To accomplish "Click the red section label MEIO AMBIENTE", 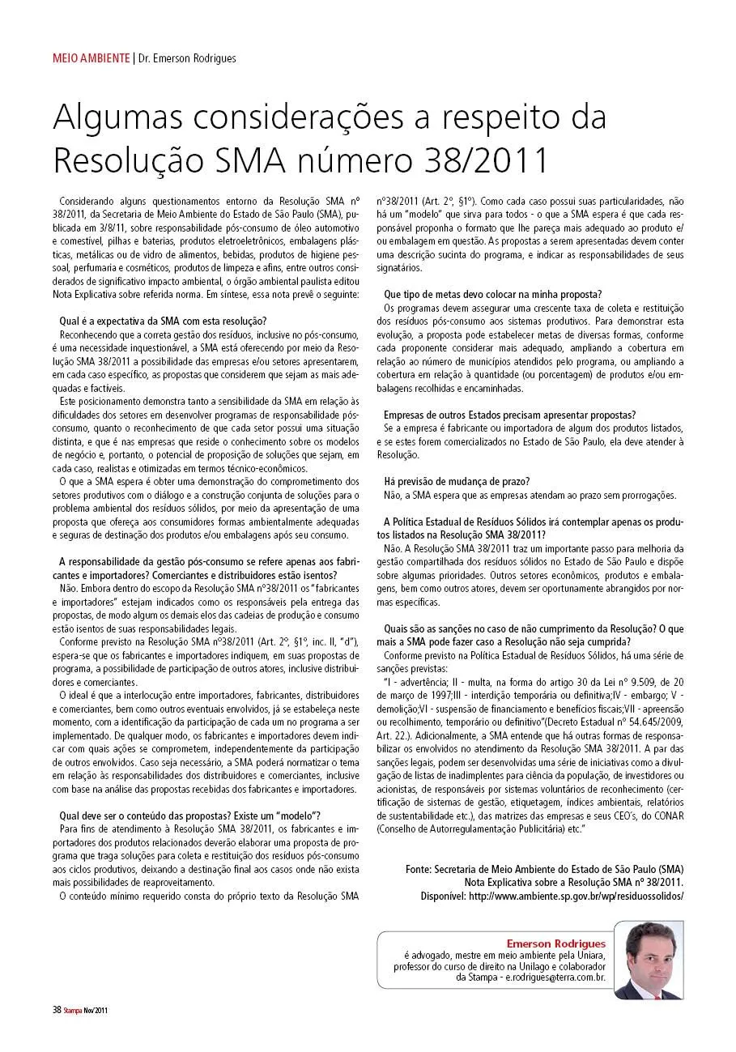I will pyautogui.click(x=91, y=58).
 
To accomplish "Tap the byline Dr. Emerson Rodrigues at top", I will pyautogui.click(x=186, y=58).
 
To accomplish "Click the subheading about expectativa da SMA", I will pyautogui.click(x=164, y=320).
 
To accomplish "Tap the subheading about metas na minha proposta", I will pyautogui.click(x=498, y=293).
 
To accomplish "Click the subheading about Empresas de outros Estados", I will pyautogui.click(x=509, y=415).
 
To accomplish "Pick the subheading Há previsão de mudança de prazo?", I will pyautogui.click(x=457, y=481).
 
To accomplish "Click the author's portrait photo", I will pyautogui.click(x=647, y=960).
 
